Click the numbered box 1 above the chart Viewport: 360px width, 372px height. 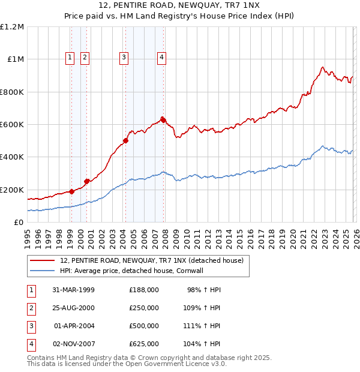[x=70, y=58]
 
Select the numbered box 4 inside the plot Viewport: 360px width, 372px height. [x=162, y=58]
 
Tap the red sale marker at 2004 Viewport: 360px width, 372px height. [x=125, y=141]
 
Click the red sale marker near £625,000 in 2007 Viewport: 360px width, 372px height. [x=163, y=120]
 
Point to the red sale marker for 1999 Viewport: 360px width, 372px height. [x=71, y=191]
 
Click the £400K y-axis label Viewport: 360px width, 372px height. [x=12, y=157]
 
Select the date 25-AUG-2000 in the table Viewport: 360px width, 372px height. [x=73, y=308]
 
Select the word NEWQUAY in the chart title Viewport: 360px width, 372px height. [x=182, y=6]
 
